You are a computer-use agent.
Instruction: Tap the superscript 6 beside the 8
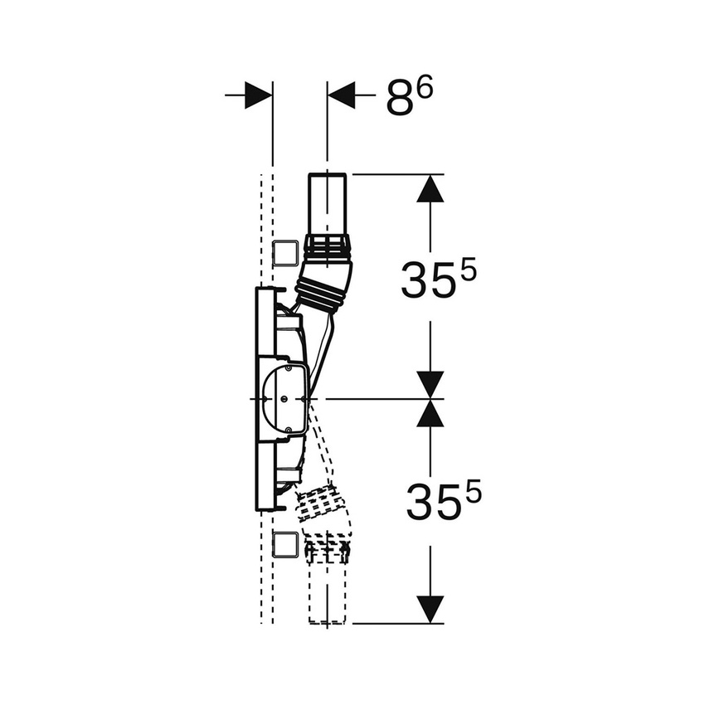(x=425, y=89)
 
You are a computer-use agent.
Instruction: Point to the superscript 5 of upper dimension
(x=468, y=270)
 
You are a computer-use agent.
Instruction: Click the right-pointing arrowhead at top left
(x=259, y=95)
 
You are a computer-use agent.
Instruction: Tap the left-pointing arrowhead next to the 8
(x=341, y=95)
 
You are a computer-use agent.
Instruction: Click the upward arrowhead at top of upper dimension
(x=430, y=188)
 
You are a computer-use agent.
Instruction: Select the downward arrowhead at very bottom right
(x=430, y=610)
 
